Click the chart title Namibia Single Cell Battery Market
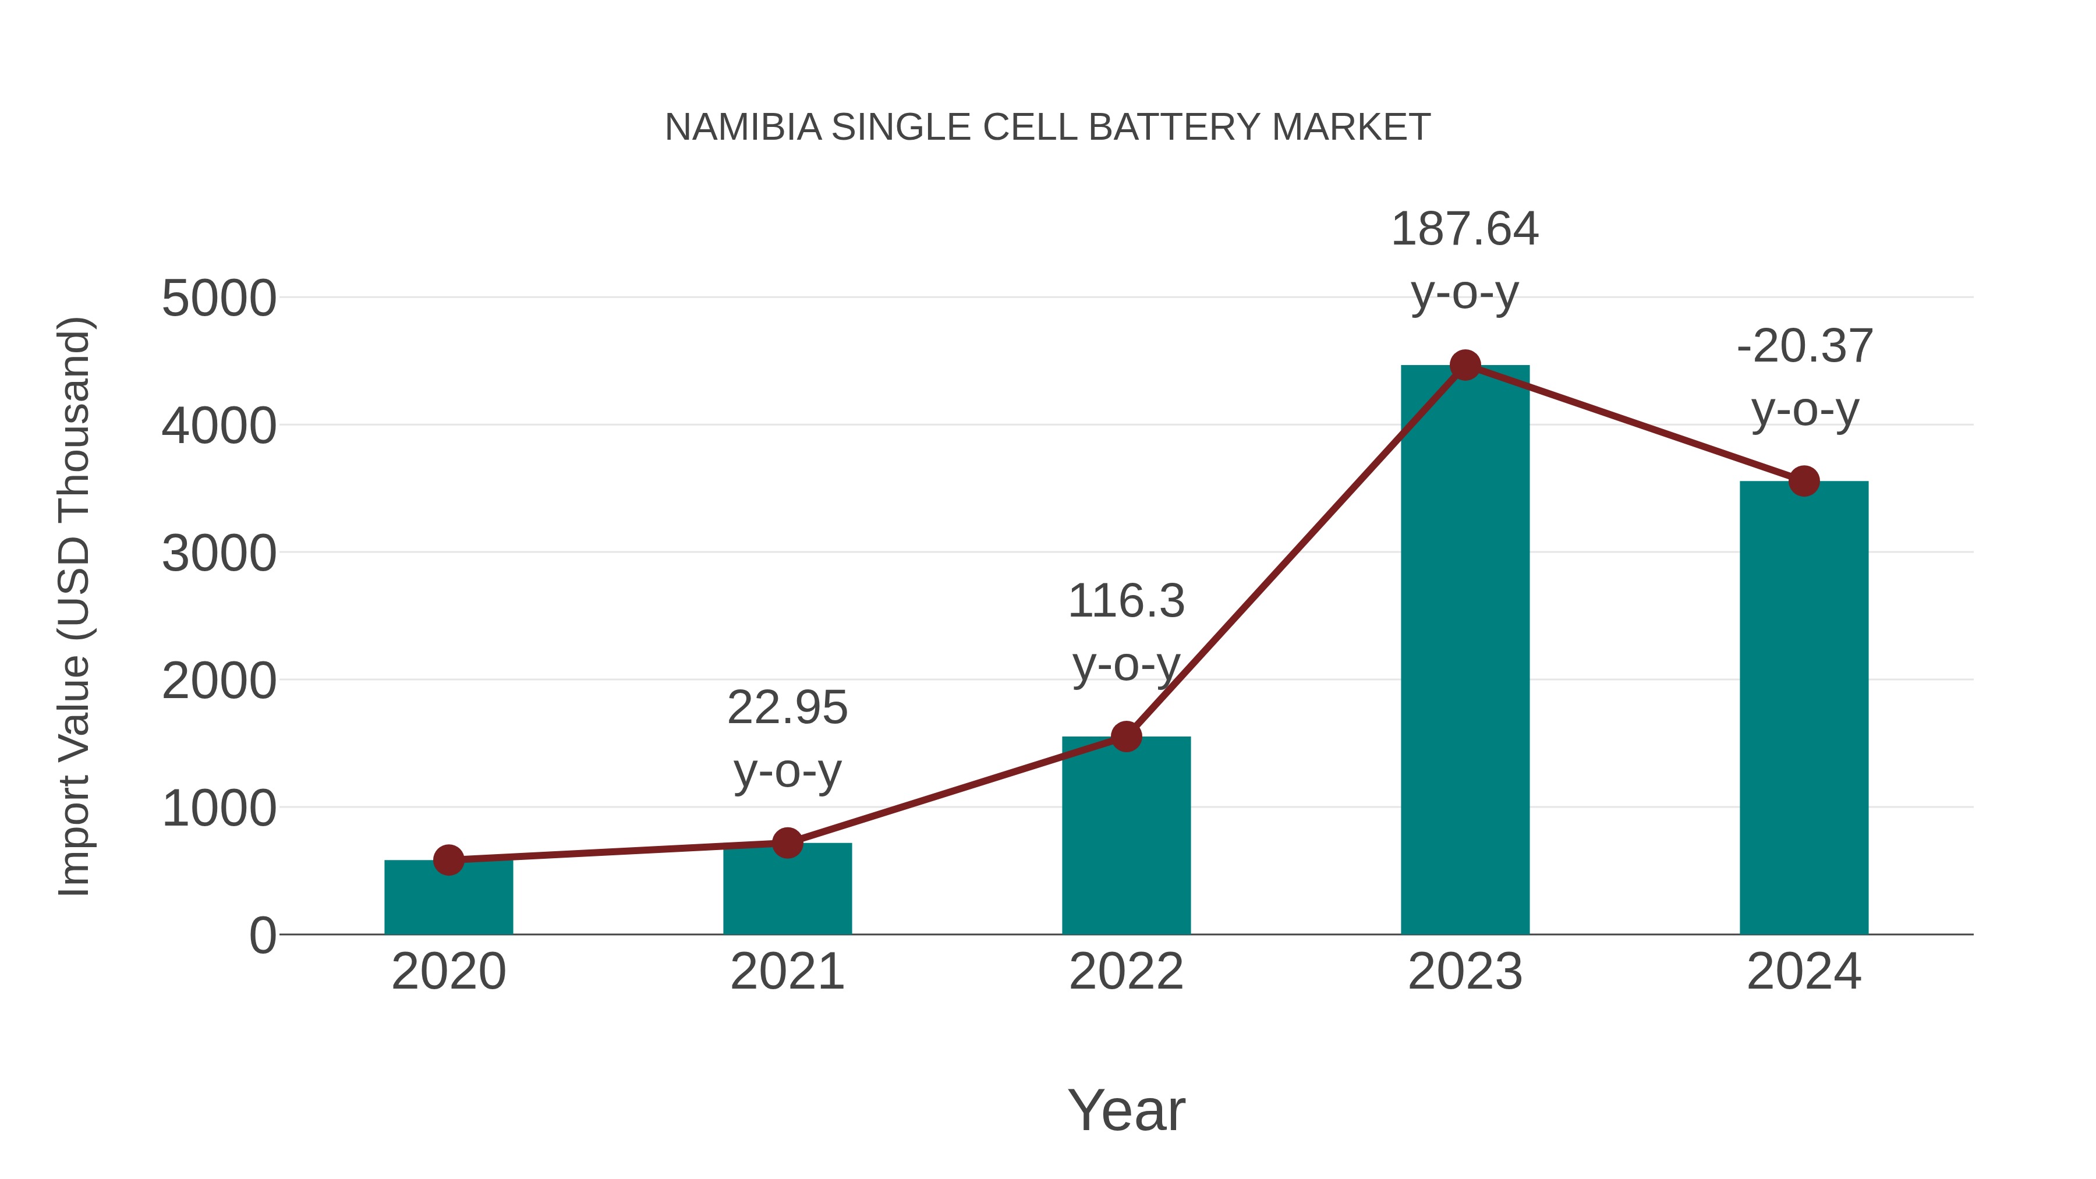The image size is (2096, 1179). (x=1047, y=128)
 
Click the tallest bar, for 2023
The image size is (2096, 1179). (x=1465, y=651)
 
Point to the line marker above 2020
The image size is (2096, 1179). (x=448, y=860)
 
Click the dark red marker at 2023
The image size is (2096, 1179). (x=1465, y=365)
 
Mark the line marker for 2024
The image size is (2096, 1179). (x=1804, y=481)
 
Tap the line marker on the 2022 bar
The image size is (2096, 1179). (x=1126, y=737)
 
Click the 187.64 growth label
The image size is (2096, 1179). (x=1465, y=229)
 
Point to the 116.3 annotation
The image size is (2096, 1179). (x=1126, y=602)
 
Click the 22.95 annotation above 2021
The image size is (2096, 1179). (x=787, y=708)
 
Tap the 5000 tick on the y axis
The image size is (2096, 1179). (x=219, y=299)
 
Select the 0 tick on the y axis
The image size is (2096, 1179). (x=263, y=936)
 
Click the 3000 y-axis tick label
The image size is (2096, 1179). (x=219, y=554)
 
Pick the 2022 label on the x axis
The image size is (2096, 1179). (x=1126, y=972)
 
